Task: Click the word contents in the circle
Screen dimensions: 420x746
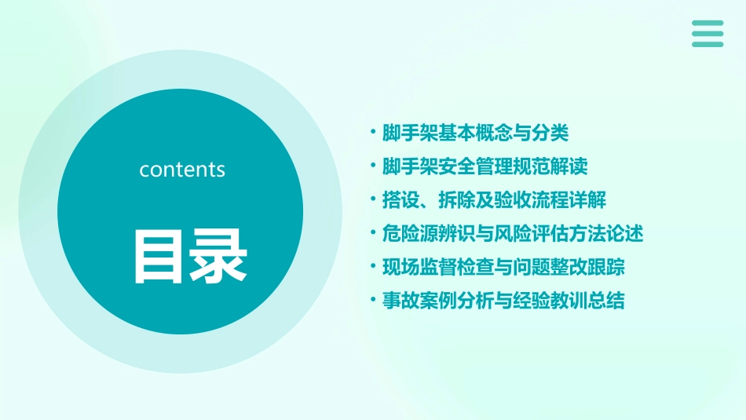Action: [x=182, y=170]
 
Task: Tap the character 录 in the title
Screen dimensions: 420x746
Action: [x=218, y=256]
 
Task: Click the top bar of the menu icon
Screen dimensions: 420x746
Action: [x=707, y=23]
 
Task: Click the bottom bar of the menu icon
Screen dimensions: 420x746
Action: [x=707, y=44]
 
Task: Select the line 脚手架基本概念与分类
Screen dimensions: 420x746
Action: [x=474, y=133]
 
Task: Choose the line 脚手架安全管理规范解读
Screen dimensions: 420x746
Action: [x=485, y=166]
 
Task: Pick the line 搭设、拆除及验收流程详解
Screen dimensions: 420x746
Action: [x=494, y=200]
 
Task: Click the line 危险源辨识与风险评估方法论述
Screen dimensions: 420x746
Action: [x=512, y=233]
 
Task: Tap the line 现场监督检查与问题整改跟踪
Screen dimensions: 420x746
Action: [x=503, y=267]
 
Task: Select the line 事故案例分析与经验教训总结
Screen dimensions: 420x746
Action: [x=503, y=301]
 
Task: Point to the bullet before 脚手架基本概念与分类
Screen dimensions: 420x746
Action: [x=373, y=133]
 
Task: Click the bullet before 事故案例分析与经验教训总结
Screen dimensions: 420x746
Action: [x=373, y=301]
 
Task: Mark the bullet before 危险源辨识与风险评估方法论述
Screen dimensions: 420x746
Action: [x=373, y=233]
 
